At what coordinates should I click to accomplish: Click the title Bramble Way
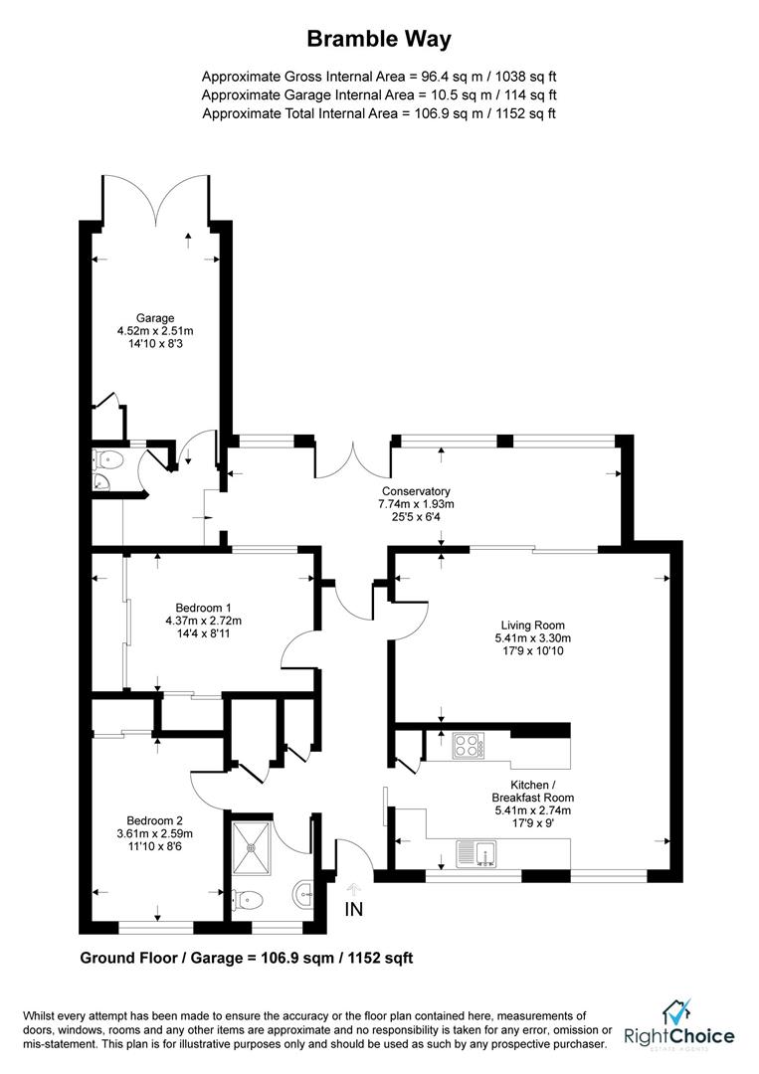tap(379, 39)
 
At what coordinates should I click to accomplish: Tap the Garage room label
tap(154, 318)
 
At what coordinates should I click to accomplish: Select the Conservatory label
tap(416, 491)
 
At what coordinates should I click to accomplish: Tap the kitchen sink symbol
tap(476, 852)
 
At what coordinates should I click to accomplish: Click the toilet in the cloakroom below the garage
tap(108, 458)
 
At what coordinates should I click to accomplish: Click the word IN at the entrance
tap(355, 909)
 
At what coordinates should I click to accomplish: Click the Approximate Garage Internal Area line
tap(379, 94)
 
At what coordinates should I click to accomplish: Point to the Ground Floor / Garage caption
tap(246, 959)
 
